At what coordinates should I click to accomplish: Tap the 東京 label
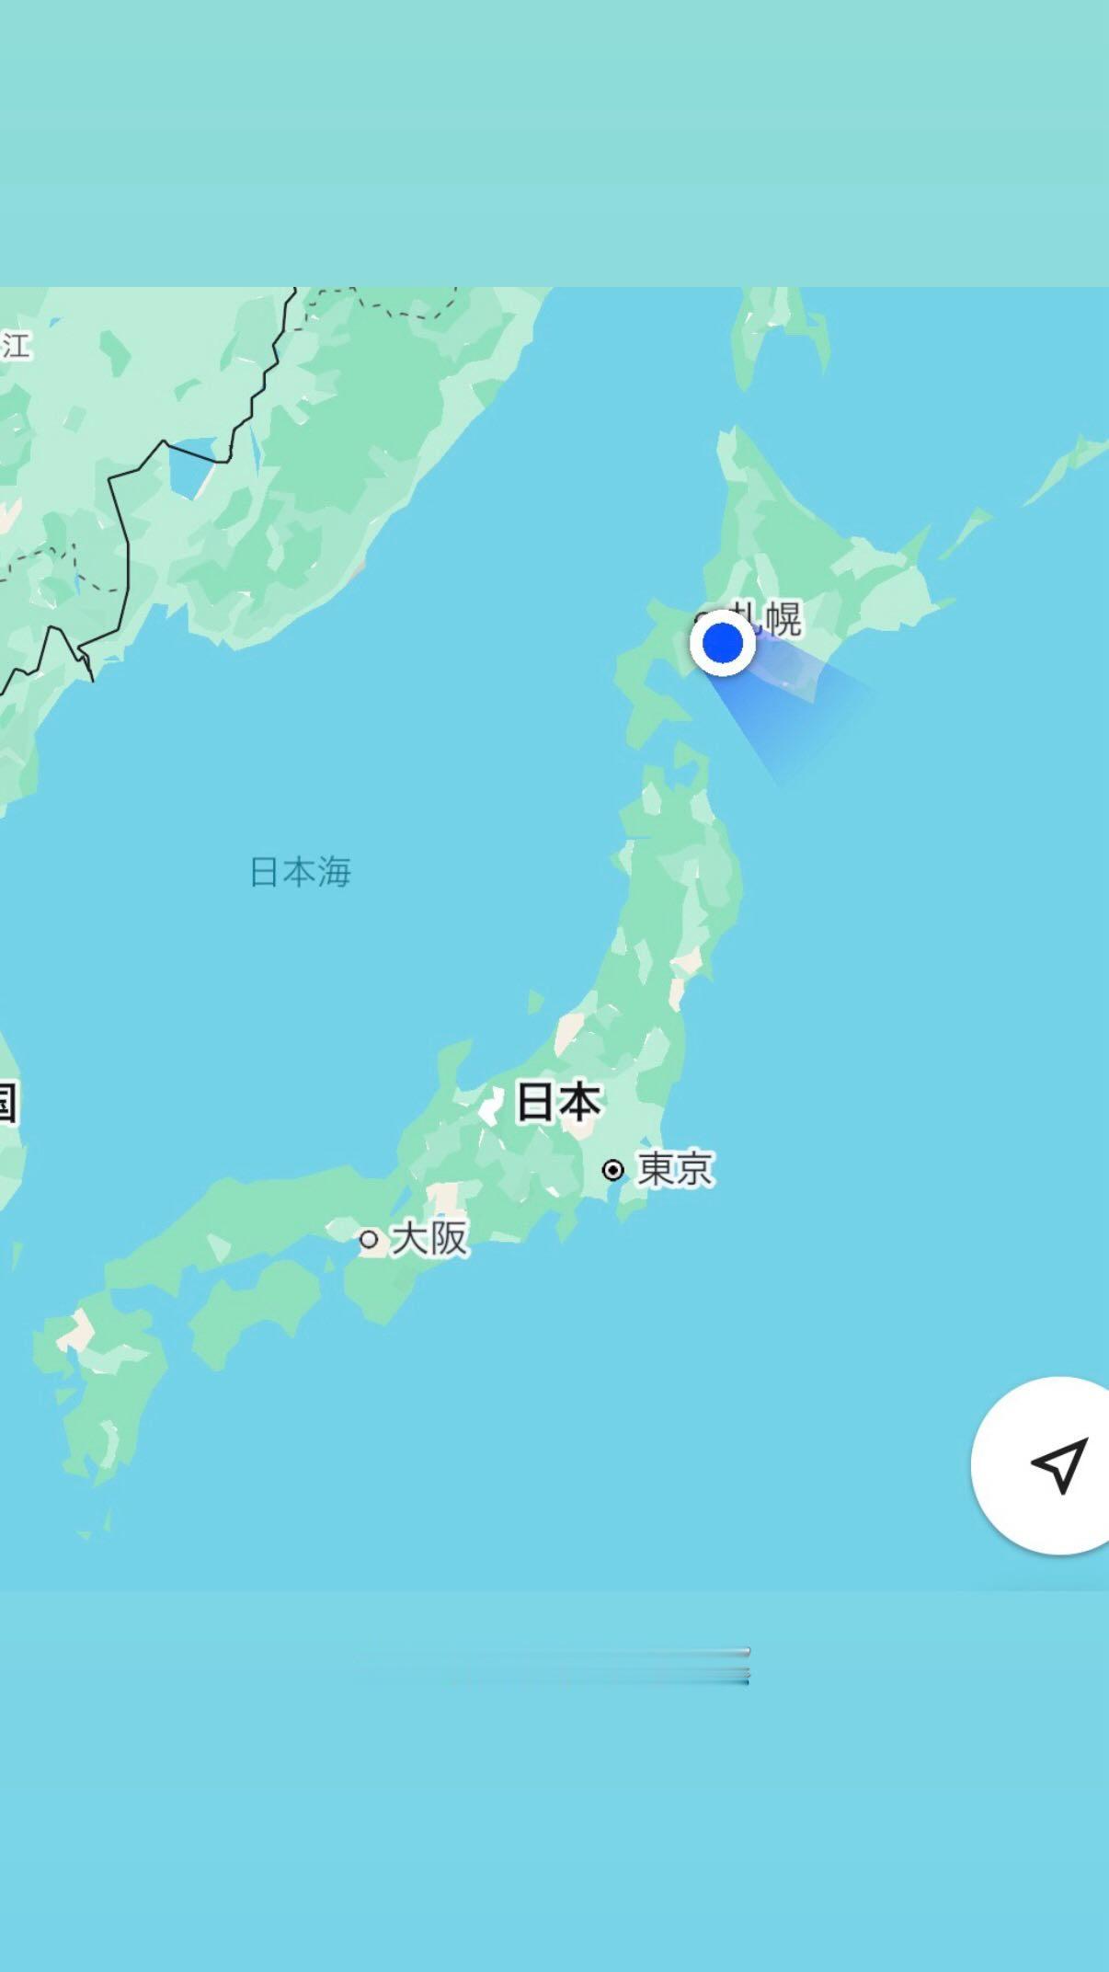675,1169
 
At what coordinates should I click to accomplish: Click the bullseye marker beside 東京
613,1170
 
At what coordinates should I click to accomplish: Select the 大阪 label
429,1238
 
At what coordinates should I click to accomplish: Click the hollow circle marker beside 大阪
369,1240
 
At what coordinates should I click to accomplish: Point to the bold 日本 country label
558,1101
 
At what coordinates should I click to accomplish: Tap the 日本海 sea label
301,872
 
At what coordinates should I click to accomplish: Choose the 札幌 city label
768,617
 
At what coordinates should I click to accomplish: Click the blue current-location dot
723,642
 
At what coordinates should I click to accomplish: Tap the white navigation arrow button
1058,1465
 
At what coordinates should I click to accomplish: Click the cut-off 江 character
16,345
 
